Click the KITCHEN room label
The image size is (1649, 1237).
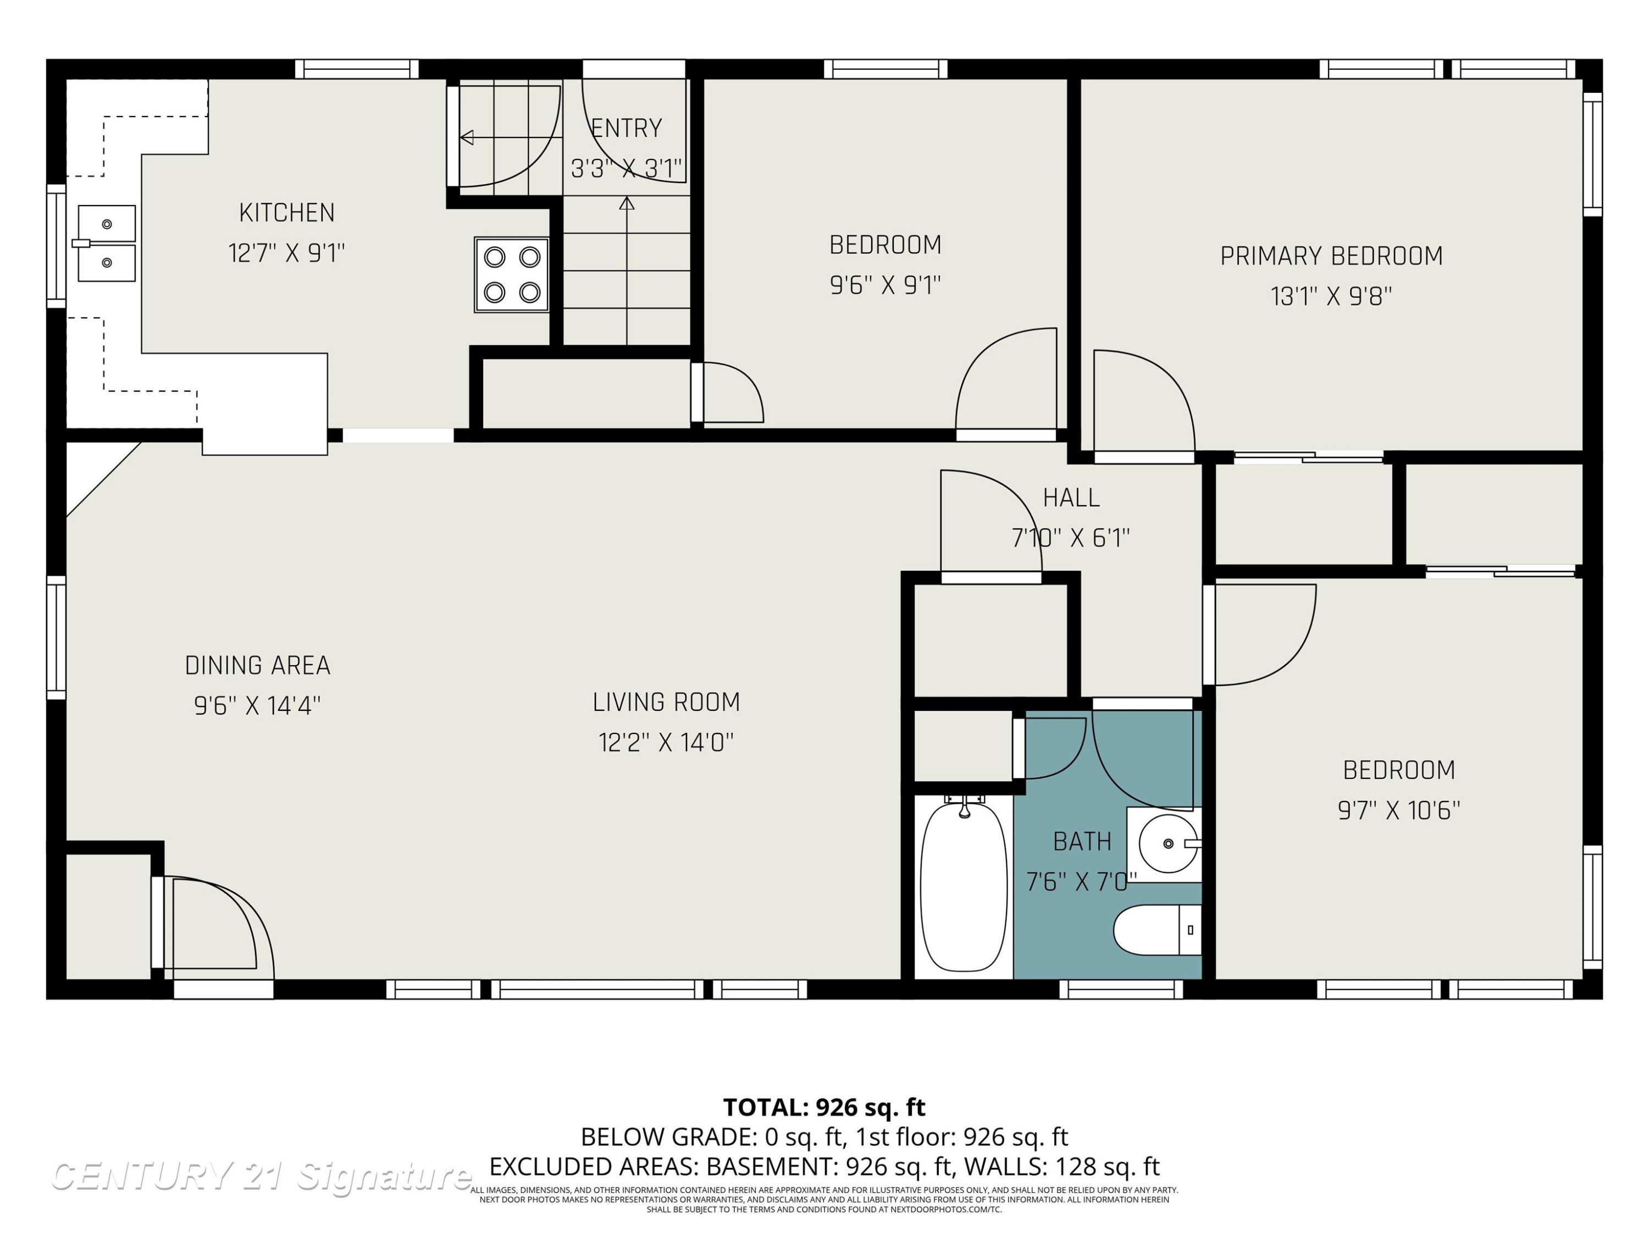point(287,213)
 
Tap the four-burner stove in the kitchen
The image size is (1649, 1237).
point(511,275)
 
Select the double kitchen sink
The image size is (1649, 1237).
point(107,243)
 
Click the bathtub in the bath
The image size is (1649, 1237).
point(964,887)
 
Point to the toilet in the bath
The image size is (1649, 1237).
point(1158,930)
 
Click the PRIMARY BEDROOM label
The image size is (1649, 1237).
point(1331,257)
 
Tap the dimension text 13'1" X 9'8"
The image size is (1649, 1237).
point(1331,297)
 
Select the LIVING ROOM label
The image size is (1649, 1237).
point(666,703)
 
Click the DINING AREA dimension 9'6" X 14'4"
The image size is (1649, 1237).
point(257,705)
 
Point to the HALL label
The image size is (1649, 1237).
point(1071,498)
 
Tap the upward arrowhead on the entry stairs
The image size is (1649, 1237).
point(627,203)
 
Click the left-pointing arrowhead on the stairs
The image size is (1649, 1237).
point(467,137)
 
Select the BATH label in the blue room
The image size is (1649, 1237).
point(1082,842)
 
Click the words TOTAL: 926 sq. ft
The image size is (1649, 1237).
point(824,1107)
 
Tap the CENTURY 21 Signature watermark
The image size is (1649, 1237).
point(261,1177)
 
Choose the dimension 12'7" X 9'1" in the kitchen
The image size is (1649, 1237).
point(287,253)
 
